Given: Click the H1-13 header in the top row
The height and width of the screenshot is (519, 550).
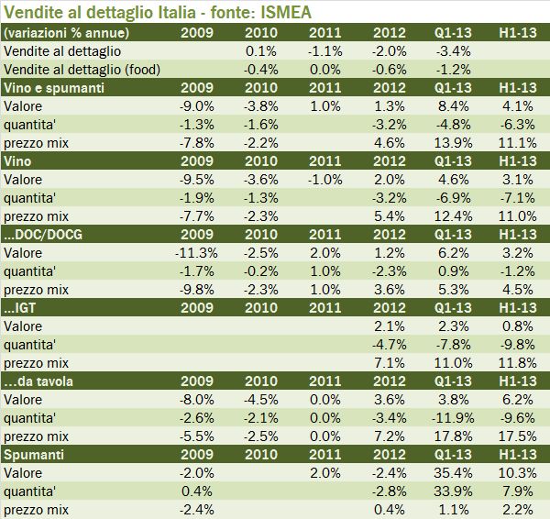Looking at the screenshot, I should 518,33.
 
